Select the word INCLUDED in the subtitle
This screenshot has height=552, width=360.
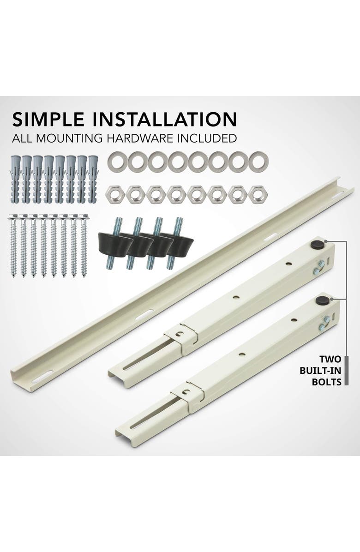(x=208, y=138)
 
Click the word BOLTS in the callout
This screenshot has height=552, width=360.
(x=330, y=382)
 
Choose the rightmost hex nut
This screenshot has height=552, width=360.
(x=258, y=194)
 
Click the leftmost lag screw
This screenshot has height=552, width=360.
(x=13, y=245)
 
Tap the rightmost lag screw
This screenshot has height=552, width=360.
(x=84, y=245)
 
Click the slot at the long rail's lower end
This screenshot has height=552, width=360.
(x=42, y=377)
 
